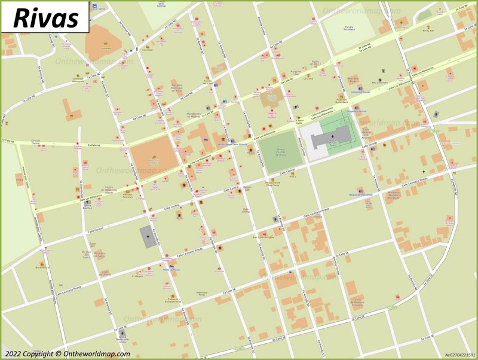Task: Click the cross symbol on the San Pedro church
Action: coord(333,137)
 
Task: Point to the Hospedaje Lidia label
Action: coord(360,92)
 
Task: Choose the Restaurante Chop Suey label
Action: coord(273,185)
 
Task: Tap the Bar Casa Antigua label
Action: coord(263,237)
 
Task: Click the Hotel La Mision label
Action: coord(171,269)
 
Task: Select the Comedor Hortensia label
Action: coord(78,79)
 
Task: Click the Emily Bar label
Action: coord(427,29)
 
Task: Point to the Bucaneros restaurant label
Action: coord(42,267)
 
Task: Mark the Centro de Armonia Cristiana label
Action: coord(357,301)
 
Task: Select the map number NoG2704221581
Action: coord(459,355)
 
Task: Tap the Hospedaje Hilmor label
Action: coord(356,111)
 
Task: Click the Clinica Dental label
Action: coord(35,143)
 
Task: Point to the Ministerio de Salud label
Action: coord(99,255)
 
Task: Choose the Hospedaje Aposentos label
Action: coord(360,194)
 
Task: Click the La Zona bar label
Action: coord(308,78)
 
